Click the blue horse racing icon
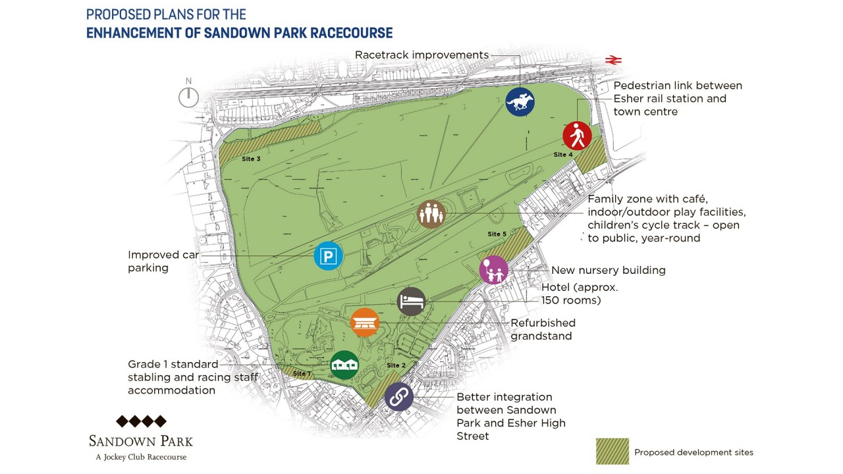pyautogui.click(x=520, y=102)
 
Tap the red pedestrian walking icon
pyautogui.click(x=577, y=136)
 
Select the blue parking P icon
pyautogui.click(x=328, y=255)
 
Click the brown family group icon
pyautogui.click(x=432, y=214)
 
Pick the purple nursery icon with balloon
pyautogui.click(x=494, y=270)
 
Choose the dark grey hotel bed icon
pyautogui.click(x=412, y=302)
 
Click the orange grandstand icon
pyautogui.click(x=365, y=323)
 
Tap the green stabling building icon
pyautogui.click(x=344, y=365)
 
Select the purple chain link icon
pyautogui.click(x=398, y=397)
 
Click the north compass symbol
pyautogui.click(x=188, y=96)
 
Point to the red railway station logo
pyautogui.click(x=613, y=60)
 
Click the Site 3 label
pyautogui.click(x=251, y=159)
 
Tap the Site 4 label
pyautogui.click(x=562, y=155)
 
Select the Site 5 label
pyautogui.click(x=497, y=234)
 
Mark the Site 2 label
pyautogui.click(x=396, y=365)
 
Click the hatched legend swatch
pyautogui.click(x=612, y=452)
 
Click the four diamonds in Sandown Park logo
pyautogui.click(x=141, y=421)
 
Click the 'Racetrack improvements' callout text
pyautogui.click(x=421, y=55)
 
